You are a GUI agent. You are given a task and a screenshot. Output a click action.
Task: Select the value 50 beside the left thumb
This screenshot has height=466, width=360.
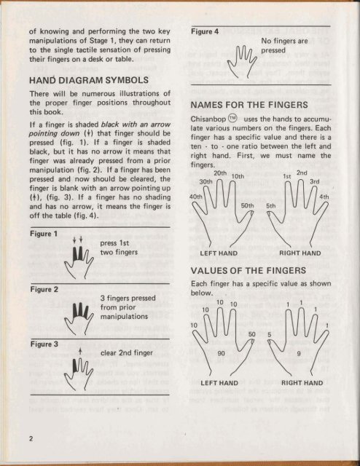252,334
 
